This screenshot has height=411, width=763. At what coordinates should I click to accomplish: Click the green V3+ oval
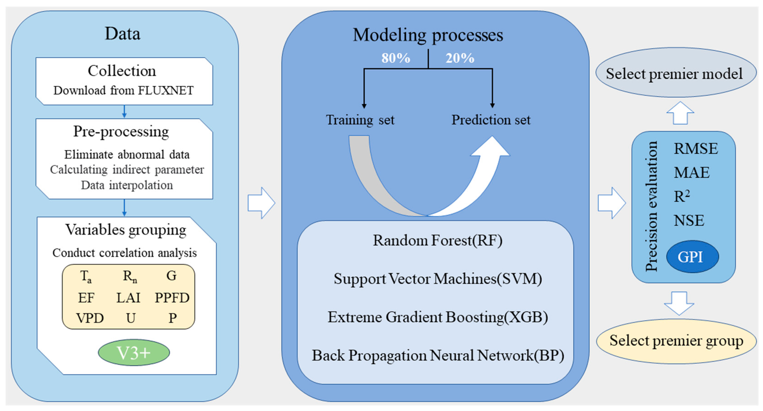134,353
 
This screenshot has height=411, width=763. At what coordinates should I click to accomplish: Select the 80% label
395,58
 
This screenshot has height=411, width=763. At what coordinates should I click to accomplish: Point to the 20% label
460,58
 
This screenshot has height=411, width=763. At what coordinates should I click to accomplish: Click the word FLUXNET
166,91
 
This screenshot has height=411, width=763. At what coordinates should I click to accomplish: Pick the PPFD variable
172,298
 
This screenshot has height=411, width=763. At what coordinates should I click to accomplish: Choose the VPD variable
90,318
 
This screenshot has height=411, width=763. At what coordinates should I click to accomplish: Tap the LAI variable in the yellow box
128,298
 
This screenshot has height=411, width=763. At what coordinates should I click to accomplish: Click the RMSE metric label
695,149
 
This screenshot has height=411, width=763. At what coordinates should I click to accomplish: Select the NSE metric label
689,221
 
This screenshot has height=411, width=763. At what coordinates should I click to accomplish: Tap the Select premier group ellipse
676,341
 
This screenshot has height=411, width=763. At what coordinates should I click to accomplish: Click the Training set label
360,120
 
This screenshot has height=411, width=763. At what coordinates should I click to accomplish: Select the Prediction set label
491,120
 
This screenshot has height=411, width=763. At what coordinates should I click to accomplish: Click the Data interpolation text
127,185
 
